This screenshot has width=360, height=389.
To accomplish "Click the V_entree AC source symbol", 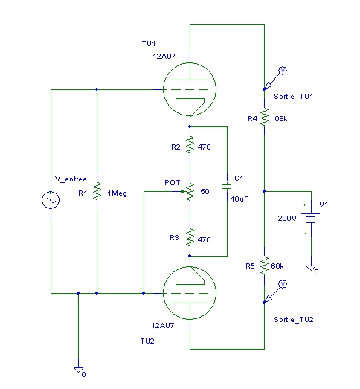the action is coord(51,200).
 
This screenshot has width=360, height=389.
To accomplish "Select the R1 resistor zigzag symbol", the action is coord(97,191).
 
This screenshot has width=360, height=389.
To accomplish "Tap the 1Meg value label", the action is coord(117,193).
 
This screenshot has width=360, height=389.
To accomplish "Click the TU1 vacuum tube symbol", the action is coord(190,89).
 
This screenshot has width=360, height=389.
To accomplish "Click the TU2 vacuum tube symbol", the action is coord(190,293).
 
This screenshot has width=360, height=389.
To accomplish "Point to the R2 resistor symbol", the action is coord(190,145).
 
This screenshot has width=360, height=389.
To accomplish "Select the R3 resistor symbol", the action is coord(190,238).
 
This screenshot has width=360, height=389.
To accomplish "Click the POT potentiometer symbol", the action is coord(189,191).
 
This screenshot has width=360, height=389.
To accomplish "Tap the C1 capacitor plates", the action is coord(227,187).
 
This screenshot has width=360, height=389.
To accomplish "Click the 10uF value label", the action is coord(240,199).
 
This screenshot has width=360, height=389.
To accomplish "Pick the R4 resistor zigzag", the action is coord(265,117).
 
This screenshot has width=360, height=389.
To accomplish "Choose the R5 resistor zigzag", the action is coord(265,266).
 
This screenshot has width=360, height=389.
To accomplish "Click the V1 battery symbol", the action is coord(311,219).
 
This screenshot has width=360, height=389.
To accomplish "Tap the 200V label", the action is coord(287,219).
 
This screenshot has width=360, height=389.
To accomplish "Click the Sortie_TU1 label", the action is coord(294,96).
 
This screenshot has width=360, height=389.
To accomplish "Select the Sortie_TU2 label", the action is coord(294,320).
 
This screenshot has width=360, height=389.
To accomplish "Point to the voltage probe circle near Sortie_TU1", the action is coord(283,71).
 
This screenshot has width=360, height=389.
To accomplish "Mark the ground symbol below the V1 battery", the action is coord(311,268).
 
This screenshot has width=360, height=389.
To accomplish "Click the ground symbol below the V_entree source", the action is coord(78,370).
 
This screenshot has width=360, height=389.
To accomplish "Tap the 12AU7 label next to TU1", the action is coord(164,57).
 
